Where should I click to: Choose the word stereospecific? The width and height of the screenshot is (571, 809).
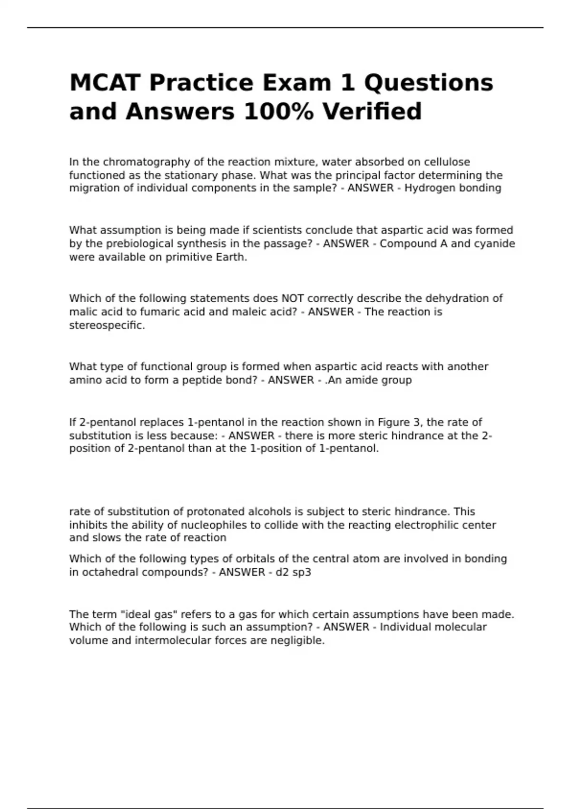[x=107, y=326]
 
